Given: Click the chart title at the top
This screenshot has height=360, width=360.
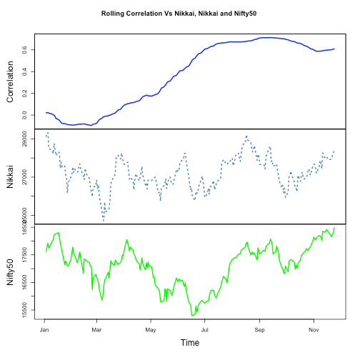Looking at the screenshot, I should point(179,14).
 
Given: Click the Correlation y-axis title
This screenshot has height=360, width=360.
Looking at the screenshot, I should point(11,81).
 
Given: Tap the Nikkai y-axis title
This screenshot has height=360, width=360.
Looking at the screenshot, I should point(11,176).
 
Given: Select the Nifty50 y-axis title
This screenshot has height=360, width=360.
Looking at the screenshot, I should point(11,271).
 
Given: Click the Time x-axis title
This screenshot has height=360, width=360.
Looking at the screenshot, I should point(190,343).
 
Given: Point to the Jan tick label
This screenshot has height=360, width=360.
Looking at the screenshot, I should point(44,329).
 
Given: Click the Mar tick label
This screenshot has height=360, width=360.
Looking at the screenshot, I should point(97,329).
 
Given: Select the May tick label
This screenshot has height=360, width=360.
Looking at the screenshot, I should point(150,329).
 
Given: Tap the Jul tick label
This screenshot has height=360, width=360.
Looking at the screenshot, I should point(205,329).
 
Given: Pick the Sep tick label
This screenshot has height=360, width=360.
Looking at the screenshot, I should point(259,329).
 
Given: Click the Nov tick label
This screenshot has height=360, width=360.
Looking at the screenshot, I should point(313,329).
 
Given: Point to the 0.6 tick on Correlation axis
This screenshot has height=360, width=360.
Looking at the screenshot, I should point(24,50).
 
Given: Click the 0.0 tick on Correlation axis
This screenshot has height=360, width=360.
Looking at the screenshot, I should point(24,115).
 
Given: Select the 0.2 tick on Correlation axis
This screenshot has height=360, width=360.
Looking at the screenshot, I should point(24,94).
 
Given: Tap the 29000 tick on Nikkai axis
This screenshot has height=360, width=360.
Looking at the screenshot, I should point(24,136).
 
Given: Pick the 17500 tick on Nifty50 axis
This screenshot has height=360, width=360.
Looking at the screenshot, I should point(24,255).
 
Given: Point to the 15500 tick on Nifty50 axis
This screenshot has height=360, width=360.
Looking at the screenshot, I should point(24,309).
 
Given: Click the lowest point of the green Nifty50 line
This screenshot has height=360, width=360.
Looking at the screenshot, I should point(192,315).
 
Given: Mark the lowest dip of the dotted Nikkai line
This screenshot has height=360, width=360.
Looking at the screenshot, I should point(104,221).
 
